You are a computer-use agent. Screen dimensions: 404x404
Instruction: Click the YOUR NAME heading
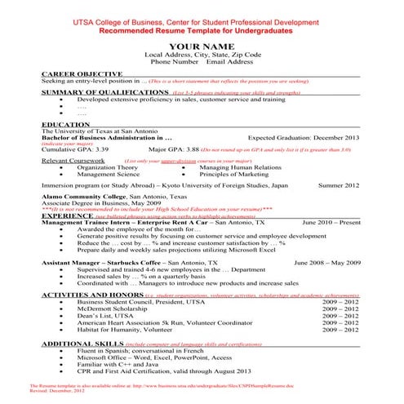[202, 47]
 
